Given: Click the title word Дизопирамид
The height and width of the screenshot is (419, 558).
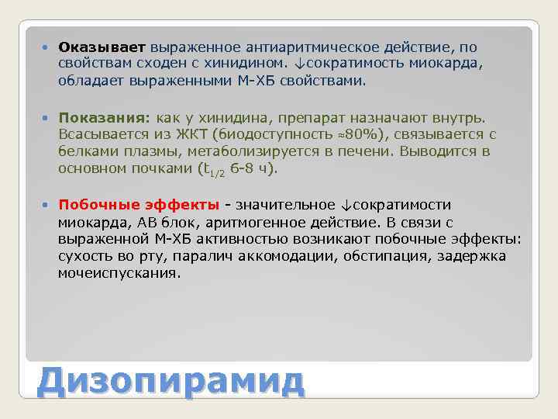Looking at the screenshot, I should tap(171, 381).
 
